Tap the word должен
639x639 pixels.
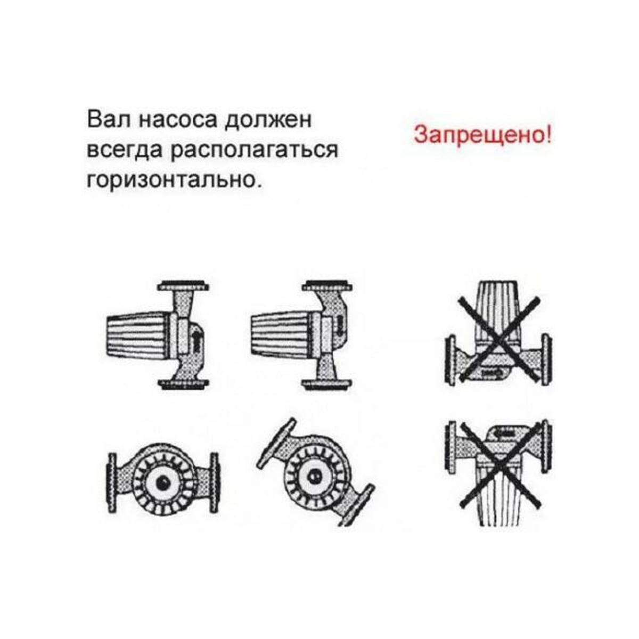[x=268, y=120]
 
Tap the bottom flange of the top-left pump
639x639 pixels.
[x=183, y=384]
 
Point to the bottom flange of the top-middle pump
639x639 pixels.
[x=326, y=384]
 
